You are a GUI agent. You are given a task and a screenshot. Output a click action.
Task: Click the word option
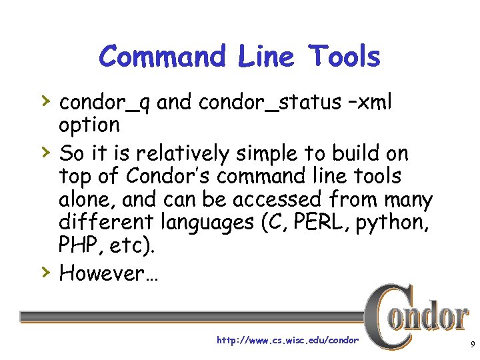[x=89, y=125]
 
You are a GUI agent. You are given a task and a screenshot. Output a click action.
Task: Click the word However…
[x=109, y=273]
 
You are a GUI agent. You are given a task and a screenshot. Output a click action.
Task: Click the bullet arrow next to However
[x=45, y=271]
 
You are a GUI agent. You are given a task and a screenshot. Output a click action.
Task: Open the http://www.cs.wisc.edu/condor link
[x=287, y=341]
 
